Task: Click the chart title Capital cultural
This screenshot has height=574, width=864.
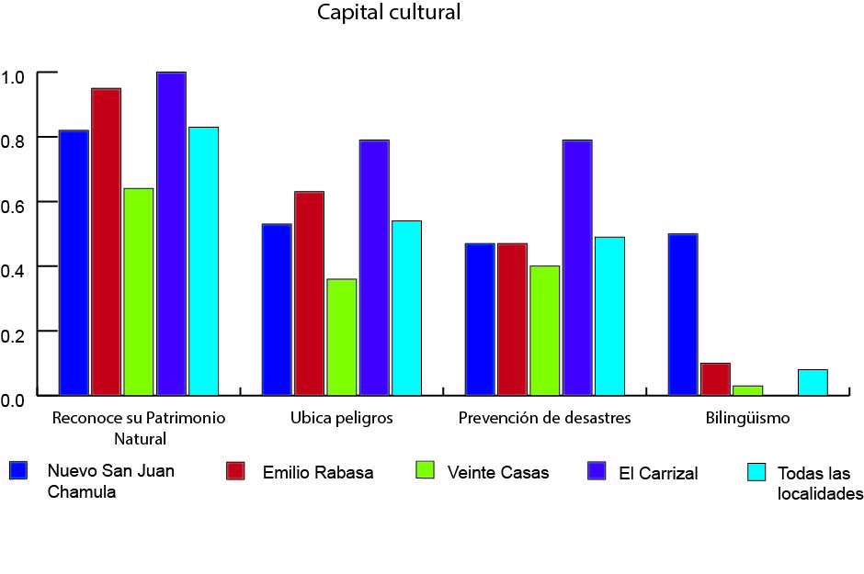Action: click(389, 13)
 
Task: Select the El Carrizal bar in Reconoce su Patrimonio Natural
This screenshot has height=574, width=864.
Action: click(171, 234)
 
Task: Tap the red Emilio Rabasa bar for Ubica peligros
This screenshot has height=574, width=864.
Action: click(309, 294)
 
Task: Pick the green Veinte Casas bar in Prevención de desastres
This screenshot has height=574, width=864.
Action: click(544, 331)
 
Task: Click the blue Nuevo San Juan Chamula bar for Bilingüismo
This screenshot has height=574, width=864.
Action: click(682, 314)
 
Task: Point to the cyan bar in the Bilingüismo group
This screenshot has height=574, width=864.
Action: click(813, 383)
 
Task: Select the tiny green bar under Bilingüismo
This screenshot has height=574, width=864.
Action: click(747, 390)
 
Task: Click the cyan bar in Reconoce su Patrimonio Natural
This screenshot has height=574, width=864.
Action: click(203, 262)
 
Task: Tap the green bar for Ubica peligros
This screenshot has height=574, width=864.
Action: click(341, 337)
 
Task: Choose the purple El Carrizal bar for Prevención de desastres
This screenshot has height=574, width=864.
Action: click(576, 267)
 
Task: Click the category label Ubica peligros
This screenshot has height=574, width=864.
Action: click(341, 418)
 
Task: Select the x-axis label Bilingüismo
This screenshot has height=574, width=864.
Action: click(747, 418)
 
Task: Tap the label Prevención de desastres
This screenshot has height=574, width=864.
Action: click(544, 418)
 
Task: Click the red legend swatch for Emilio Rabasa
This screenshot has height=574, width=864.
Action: click(236, 471)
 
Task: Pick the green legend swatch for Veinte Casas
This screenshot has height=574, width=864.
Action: click(424, 471)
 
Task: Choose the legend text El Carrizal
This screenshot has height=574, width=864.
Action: click(658, 474)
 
